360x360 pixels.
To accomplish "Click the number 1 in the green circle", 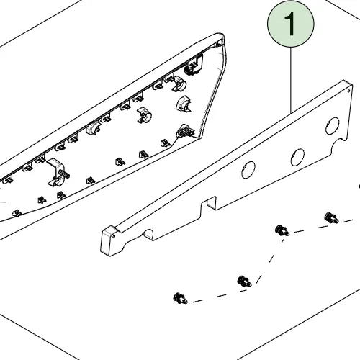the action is click(x=290, y=24).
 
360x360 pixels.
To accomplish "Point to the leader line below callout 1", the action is click(x=291, y=80).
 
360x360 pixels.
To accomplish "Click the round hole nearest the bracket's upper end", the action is click(x=333, y=126).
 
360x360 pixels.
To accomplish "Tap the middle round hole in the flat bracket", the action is click(x=297, y=157).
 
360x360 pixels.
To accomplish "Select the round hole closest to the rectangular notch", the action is click(x=248, y=170).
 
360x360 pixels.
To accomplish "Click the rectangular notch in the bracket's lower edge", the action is click(x=208, y=203).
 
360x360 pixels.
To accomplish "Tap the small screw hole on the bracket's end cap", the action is click(x=114, y=236).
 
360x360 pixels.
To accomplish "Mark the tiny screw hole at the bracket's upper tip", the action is click(x=348, y=91).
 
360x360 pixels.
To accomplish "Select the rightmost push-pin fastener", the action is click(x=331, y=217).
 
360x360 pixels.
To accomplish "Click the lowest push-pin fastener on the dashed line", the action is click(x=180, y=298).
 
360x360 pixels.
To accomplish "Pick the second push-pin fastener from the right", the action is click(x=282, y=230).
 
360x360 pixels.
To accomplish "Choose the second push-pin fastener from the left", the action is click(x=244, y=282).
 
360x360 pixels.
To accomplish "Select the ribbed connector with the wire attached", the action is click(x=185, y=131).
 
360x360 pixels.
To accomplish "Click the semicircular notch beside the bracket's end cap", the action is click(x=149, y=233).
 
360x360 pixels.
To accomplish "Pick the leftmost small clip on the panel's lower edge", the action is click(x=17, y=213).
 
